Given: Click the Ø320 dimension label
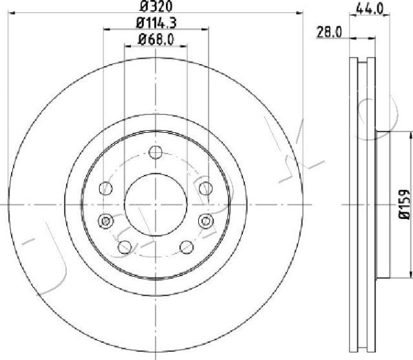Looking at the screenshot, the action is pyautogui.click(x=156, y=6).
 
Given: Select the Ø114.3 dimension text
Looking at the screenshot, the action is pyautogui.click(x=156, y=23).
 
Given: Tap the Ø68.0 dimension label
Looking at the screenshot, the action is pyautogui.click(x=156, y=40).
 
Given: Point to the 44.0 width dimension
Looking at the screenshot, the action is pyautogui.click(x=369, y=10).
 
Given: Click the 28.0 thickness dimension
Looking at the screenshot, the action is pyautogui.click(x=329, y=32).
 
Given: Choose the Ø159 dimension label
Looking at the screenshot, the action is pyautogui.click(x=404, y=204).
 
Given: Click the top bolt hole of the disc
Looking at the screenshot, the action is pyautogui.click(x=156, y=152).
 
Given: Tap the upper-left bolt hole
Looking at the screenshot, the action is pyautogui.click(x=106, y=189).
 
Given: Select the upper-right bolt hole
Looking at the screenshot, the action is pyautogui.click(x=206, y=189).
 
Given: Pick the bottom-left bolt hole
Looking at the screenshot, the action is pyautogui.click(x=125, y=247).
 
